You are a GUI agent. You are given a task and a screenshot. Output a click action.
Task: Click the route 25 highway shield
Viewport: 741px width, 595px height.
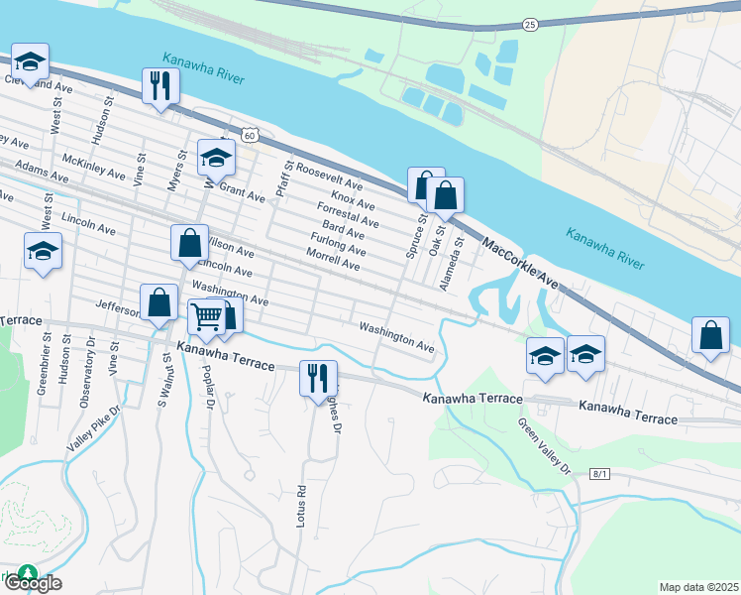click(x=530, y=24)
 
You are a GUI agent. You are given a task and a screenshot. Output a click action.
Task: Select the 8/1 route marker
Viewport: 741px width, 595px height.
click(x=599, y=475)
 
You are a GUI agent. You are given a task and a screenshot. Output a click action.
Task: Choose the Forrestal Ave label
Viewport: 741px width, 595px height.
click(x=347, y=215)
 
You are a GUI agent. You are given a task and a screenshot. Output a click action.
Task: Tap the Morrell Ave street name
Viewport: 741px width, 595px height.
click(x=333, y=260)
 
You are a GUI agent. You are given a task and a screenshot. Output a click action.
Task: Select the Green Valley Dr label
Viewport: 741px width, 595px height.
click(x=546, y=444)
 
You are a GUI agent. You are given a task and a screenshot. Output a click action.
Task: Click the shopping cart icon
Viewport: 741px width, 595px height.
click(x=207, y=317)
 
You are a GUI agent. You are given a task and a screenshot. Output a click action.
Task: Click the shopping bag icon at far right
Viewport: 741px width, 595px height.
click(x=710, y=335)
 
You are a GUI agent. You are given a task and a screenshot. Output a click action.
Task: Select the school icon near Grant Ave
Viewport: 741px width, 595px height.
click(x=216, y=157)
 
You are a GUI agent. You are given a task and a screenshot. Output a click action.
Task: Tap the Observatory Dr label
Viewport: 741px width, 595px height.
click(x=87, y=369)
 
